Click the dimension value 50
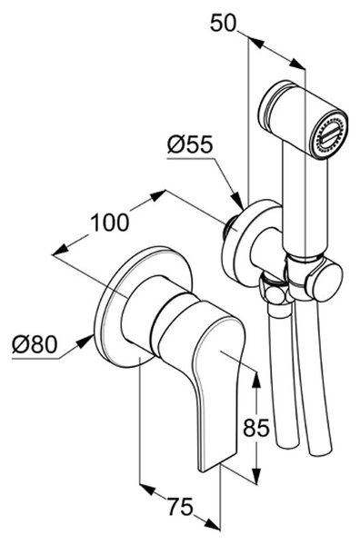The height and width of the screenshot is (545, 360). click(224, 24)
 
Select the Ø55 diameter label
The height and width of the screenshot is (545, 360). click(190, 144)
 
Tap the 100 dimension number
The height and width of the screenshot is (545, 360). click(110, 223)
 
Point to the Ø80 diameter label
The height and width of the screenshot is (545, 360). click(35, 345)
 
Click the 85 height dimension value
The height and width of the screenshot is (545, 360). click(256, 427)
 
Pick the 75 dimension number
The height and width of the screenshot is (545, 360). click(180, 507)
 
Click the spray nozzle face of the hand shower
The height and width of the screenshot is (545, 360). click(329, 135)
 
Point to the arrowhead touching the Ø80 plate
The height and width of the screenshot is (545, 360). click(85, 342)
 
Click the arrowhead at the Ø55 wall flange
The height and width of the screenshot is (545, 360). click(237, 202)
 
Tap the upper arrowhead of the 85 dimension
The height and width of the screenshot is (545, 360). click(256, 380)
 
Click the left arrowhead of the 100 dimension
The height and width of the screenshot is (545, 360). click(60, 251)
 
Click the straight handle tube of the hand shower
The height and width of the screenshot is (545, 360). click(305, 205)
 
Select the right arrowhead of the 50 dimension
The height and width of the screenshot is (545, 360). click(297, 64)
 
